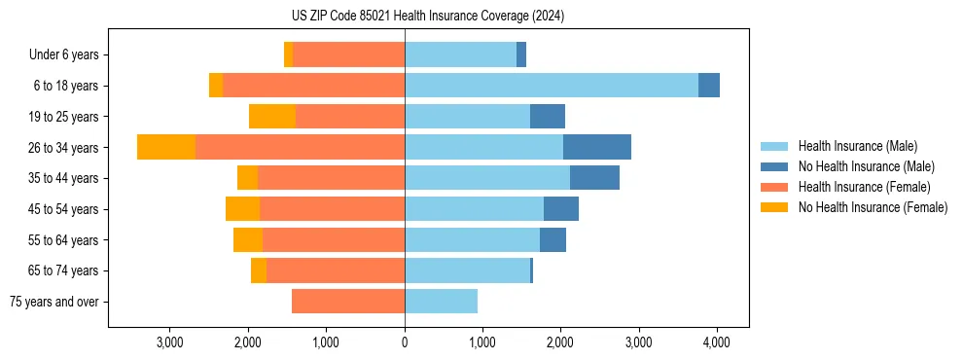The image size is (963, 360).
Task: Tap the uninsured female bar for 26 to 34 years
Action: coord(166,147)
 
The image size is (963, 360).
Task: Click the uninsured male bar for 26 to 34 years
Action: coord(596,147)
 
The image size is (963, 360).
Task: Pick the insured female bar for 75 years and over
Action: coord(348,302)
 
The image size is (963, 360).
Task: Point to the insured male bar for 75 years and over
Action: coord(441,302)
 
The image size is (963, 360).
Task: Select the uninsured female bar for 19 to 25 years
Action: coord(272,117)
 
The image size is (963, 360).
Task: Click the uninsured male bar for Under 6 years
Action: coord(521,54)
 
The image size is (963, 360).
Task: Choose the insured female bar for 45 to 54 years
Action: coord(332,209)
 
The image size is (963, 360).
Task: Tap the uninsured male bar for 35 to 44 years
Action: coord(594,178)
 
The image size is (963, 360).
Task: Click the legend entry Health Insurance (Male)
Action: coord(857,146)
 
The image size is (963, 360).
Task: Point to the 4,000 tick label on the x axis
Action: coord(717,342)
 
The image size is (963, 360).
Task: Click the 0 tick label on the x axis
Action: coord(405,342)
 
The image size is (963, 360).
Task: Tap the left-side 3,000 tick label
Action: coord(169,342)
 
